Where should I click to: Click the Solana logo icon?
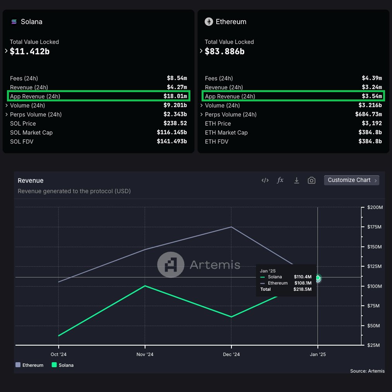pos(14,22)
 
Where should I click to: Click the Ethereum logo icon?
pos(209,22)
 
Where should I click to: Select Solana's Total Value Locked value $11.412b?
pos(30,51)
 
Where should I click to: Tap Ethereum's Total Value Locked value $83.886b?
pos(225,51)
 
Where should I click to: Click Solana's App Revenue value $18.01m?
pos(175,96)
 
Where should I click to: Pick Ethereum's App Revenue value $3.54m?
pos(371,96)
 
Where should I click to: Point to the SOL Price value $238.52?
pos(175,123)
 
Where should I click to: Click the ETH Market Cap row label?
pos(226,132)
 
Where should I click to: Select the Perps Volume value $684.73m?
pos(368,115)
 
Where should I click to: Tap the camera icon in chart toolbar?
pos(312,180)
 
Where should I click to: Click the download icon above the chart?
pos(296,180)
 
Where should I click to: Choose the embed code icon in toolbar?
pos(265,180)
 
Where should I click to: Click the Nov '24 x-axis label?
pos(145,354)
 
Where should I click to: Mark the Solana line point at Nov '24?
pos(145,286)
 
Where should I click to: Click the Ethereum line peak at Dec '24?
pos(231,227)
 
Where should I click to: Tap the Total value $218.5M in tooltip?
pos(303,289)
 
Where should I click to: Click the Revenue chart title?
pos(31,181)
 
